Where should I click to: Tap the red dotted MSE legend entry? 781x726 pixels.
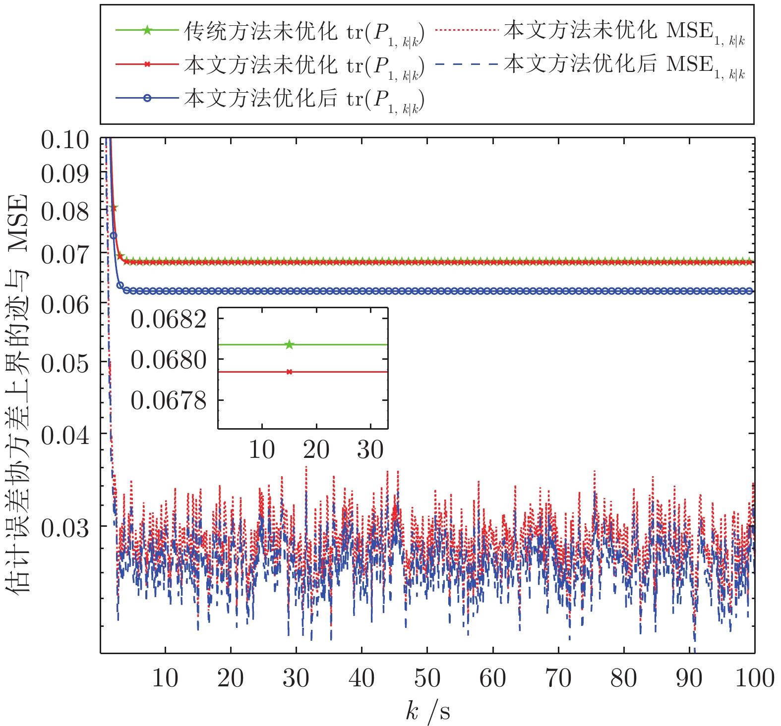590,31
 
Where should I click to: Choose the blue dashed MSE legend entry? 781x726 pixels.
590,64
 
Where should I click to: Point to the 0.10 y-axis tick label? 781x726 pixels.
65,140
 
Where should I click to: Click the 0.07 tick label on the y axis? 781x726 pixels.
65,256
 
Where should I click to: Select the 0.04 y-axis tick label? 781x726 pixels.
65,436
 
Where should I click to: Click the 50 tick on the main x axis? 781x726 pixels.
427,678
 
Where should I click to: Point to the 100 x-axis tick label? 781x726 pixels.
754,678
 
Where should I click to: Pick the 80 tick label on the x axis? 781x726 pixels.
623,678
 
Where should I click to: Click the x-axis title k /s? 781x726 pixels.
427,712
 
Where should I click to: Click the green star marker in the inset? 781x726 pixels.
290,344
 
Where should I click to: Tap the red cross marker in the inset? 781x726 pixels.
290,372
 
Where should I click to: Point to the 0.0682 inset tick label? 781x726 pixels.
169,320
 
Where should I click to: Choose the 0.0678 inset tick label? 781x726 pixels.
169,400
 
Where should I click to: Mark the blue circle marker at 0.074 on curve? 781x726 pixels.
113,235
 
